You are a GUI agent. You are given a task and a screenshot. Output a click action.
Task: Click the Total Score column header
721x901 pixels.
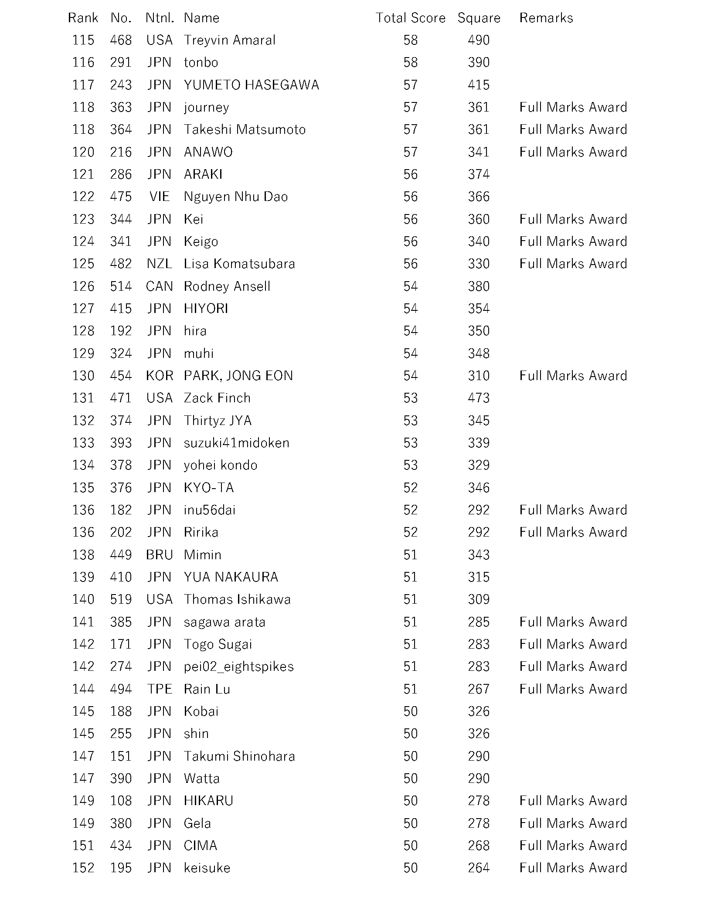click(x=410, y=18)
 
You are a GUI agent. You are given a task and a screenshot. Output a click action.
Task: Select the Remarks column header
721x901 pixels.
click(x=546, y=18)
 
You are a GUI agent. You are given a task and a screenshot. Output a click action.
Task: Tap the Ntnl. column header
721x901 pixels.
click(x=160, y=18)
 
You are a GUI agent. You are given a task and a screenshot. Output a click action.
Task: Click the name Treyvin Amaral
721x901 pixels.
click(x=229, y=40)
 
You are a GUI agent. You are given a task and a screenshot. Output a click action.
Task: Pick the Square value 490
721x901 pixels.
click(x=479, y=40)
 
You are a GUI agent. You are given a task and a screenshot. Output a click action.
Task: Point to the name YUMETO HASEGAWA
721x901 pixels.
click(x=251, y=85)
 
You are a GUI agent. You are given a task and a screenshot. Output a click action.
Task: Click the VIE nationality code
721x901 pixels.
click(x=160, y=197)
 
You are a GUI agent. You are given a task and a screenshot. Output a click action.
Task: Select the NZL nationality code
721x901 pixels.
click(x=160, y=264)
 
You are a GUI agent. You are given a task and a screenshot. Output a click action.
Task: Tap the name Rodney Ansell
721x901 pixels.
click(x=227, y=286)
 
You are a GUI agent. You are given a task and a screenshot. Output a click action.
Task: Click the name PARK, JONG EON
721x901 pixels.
click(x=238, y=376)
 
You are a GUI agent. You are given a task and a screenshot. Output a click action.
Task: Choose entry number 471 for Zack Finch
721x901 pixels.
click(x=121, y=398)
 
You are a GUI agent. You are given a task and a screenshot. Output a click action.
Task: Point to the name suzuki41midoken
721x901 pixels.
click(x=236, y=443)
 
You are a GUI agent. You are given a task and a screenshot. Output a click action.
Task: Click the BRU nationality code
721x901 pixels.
click(x=160, y=555)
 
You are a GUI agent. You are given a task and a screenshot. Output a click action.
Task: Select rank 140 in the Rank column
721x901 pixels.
click(x=83, y=599)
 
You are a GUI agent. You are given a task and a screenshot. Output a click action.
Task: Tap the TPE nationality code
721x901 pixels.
click(x=160, y=689)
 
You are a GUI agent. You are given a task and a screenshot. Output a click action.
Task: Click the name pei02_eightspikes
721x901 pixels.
click(x=238, y=666)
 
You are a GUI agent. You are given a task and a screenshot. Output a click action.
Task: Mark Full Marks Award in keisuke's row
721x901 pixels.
click(x=573, y=868)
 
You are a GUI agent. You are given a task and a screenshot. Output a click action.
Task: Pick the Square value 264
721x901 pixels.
click(x=479, y=868)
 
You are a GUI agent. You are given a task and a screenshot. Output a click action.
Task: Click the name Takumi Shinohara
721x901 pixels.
click(x=239, y=756)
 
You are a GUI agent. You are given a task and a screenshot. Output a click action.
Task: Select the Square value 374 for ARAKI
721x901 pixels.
click(x=479, y=174)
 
